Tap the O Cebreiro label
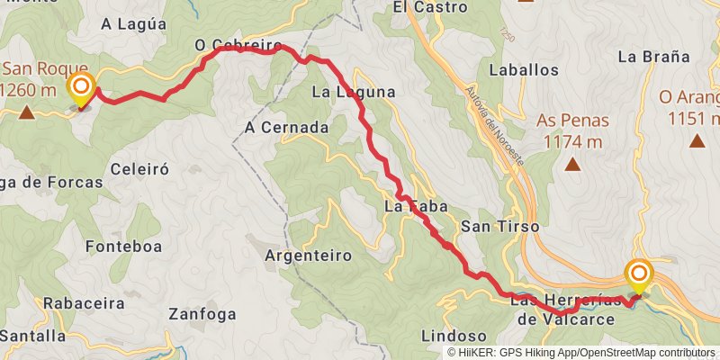coord(238,46)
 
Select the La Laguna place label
coord(354,91)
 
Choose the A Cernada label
coord(286,128)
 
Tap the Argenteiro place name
coord(308,256)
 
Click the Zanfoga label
coord(202,315)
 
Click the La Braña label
coord(654,56)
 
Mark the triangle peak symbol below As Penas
coord(571,165)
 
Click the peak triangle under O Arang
coord(697,140)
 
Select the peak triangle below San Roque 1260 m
coord(27,112)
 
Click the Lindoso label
coord(447,336)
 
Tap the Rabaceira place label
coord(70,302)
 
